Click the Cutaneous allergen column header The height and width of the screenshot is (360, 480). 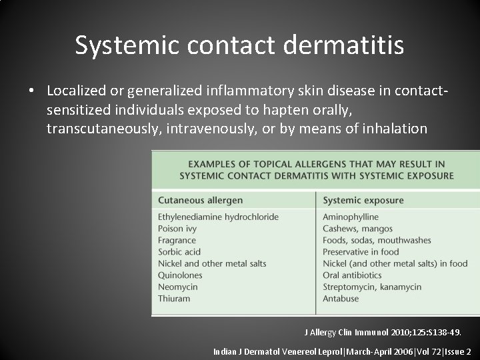point(200,200)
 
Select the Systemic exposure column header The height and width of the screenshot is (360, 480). point(363,200)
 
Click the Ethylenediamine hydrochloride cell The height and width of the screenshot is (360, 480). point(218,217)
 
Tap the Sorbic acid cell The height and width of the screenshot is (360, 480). point(179,252)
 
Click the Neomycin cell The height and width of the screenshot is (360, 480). point(178,287)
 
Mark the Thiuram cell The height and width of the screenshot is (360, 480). point(174,299)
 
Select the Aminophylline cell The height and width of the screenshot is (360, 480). point(350,217)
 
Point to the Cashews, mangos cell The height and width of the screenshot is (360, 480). point(357,229)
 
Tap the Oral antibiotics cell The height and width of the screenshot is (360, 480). point(352,275)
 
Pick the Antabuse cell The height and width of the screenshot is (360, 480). point(341,299)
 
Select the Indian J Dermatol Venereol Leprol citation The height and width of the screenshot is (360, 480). point(342,351)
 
